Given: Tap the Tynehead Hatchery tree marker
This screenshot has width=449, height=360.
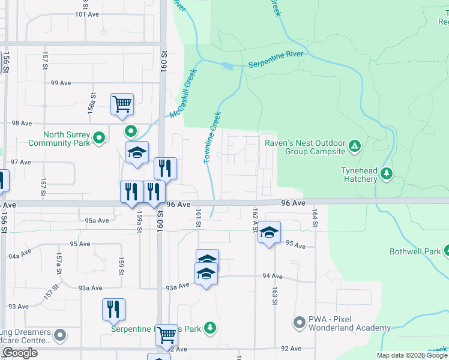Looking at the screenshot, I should pyautogui.click(x=387, y=174).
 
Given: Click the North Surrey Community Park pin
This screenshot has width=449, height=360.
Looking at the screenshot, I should pyautogui.click(x=100, y=139).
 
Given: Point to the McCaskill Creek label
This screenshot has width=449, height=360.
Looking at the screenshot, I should pyautogui.click(x=183, y=94).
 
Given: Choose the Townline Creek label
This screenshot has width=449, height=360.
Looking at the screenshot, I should pyautogui.click(x=212, y=137).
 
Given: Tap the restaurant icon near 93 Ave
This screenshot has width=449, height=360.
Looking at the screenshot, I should pyautogui.click(x=113, y=308).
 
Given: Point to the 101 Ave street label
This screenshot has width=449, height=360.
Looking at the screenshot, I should pyautogui.click(x=87, y=13).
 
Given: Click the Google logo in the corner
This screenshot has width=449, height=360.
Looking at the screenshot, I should pyautogui.click(x=19, y=353).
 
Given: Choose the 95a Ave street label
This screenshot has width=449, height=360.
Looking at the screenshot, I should pyautogui.click(x=97, y=220).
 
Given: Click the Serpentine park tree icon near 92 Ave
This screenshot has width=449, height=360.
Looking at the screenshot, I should pyautogui.click(x=209, y=328).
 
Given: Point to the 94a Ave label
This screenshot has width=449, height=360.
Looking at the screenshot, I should pyautogui.click(x=20, y=256).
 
